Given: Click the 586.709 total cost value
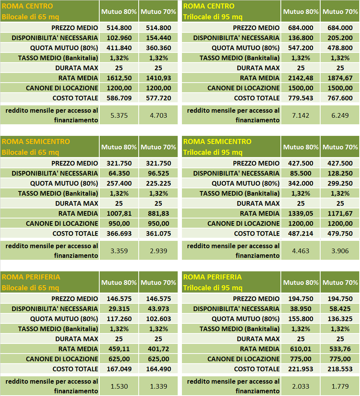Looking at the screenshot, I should (x=119, y=98).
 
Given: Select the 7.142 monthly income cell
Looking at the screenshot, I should (x=301, y=115).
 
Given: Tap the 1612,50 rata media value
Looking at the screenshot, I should (x=119, y=78).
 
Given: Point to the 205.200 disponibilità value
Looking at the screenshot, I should (x=340, y=38).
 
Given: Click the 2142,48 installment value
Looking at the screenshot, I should (x=301, y=78).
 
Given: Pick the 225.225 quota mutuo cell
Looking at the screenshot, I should (x=158, y=183).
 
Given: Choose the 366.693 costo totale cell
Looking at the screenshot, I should (x=119, y=234).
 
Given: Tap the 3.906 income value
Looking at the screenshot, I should (x=340, y=251).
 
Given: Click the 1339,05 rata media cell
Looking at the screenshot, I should (x=301, y=213).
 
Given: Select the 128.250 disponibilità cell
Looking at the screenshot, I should (x=340, y=173).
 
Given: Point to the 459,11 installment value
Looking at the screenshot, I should (x=119, y=349).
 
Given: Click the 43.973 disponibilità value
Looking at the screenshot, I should (x=158, y=309).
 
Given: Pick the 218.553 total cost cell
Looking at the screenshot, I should (x=340, y=369).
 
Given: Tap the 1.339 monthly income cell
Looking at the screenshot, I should (x=158, y=386).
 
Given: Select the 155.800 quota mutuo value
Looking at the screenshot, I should (x=301, y=319).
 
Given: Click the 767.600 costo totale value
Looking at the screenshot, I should (x=340, y=98).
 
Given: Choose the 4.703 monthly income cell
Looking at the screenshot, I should (x=158, y=115).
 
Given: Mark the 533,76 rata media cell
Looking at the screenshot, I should (x=340, y=349).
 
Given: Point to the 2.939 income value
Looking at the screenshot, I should (x=158, y=251).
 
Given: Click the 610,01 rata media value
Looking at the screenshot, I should (x=301, y=349).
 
